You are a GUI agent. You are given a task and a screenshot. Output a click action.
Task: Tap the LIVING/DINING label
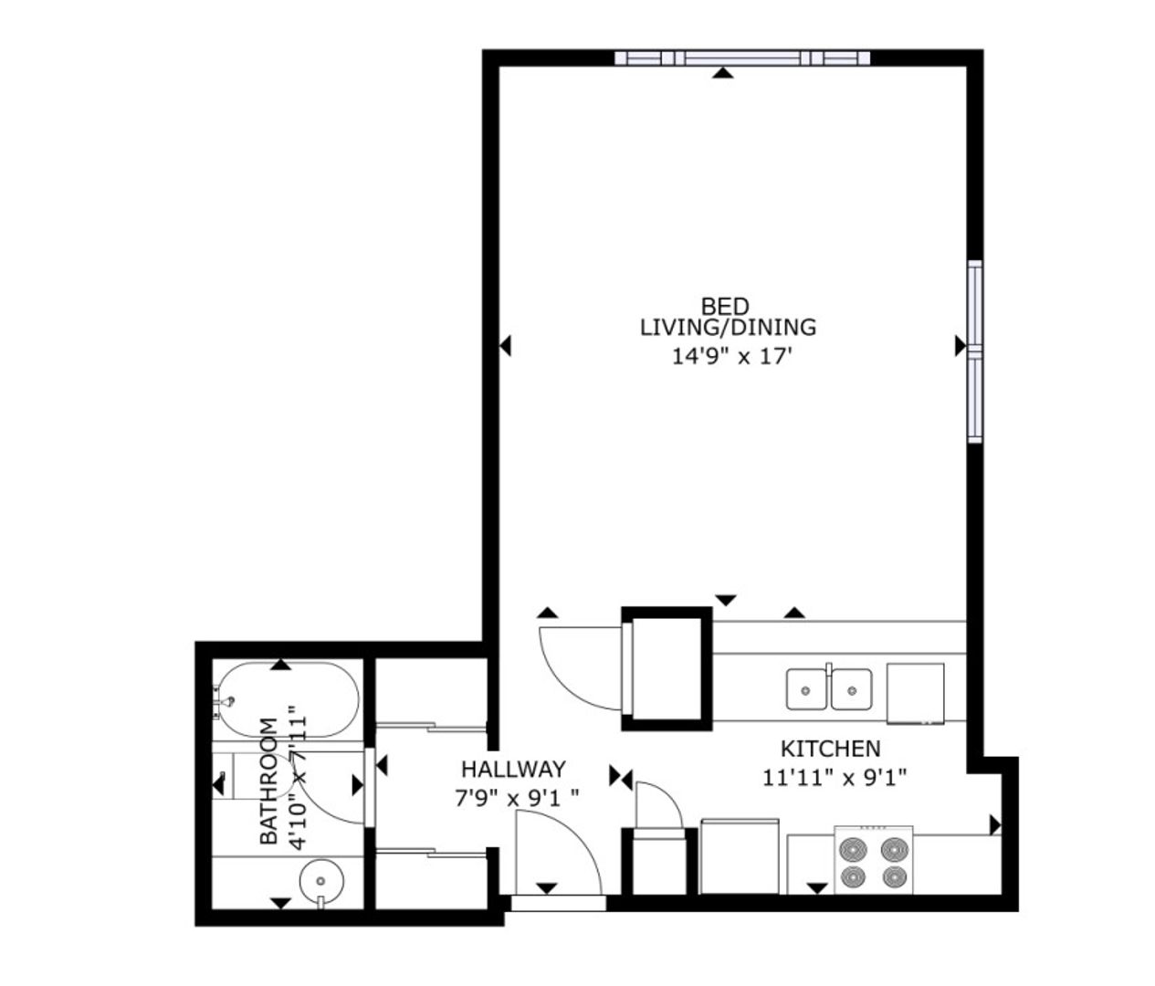(x=728, y=328)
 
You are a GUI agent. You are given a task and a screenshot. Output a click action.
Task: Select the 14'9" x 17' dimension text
(x=732, y=356)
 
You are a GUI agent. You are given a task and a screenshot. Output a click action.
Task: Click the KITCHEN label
(x=830, y=749)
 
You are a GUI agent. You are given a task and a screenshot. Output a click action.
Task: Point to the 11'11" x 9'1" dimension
(x=835, y=778)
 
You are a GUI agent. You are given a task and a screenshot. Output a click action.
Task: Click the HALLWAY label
(x=513, y=770)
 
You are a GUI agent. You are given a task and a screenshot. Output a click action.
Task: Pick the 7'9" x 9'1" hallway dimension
(x=516, y=799)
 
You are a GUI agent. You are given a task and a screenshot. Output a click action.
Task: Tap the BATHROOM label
(x=268, y=781)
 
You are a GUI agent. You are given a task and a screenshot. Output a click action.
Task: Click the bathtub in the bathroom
(x=289, y=700)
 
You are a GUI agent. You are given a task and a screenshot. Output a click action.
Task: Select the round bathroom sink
(x=320, y=882)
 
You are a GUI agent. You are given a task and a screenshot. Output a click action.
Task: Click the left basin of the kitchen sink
(x=806, y=689)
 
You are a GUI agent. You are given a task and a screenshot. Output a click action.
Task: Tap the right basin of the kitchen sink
(x=851, y=689)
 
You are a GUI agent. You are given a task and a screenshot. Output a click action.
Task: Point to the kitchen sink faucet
(x=829, y=668)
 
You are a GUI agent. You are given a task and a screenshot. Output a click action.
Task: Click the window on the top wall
(x=742, y=58)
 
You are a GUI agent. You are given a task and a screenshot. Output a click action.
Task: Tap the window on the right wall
(x=974, y=351)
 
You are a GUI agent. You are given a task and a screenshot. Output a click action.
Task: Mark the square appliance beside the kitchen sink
(x=915, y=693)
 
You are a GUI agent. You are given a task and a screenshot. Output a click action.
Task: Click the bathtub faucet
(x=226, y=700)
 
